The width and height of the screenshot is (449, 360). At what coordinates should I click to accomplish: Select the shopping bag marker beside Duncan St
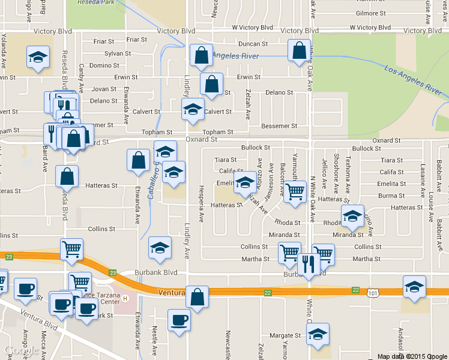[x=299, y=52]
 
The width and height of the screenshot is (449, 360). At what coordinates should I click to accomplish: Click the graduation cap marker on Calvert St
[x=193, y=110]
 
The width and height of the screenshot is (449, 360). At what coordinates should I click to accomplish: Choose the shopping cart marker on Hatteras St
[x=294, y=192]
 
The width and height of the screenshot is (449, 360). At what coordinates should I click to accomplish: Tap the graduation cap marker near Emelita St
[x=244, y=182]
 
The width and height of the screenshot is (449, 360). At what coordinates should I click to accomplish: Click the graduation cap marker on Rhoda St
[x=352, y=216]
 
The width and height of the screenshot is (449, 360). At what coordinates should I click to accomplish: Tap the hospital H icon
[x=125, y=298]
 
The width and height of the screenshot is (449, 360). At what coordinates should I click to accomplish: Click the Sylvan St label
[x=118, y=53]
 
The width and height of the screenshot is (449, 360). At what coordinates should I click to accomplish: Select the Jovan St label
[x=104, y=89]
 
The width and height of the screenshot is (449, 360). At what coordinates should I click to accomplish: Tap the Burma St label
[x=391, y=196]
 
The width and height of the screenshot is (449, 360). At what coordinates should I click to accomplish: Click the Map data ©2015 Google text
[x=412, y=356]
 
